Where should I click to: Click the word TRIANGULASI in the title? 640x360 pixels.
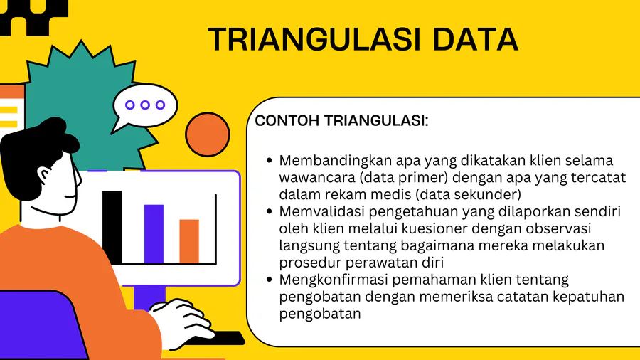[x=314, y=39]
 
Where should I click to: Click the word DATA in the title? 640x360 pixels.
[x=476, y=39]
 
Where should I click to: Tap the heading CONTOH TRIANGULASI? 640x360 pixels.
[x=341, y=121]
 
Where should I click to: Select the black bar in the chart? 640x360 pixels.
[x=112, y=228]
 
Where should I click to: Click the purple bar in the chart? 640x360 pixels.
[x=154, y=234]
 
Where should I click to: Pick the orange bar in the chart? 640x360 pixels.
[x=189, y=242]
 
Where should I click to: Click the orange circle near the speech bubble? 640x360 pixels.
[x=208, y=134]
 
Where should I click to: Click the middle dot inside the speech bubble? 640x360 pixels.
[x=145, y=105]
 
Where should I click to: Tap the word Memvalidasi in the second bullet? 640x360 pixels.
[x=322, y=211]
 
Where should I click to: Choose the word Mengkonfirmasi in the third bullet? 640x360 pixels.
[x=334, y=280]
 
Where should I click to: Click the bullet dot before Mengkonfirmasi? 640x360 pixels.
[x=269, y=280]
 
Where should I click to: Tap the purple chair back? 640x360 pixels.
[x=39, y=325]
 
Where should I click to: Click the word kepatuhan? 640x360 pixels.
[x=588, y=297]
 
